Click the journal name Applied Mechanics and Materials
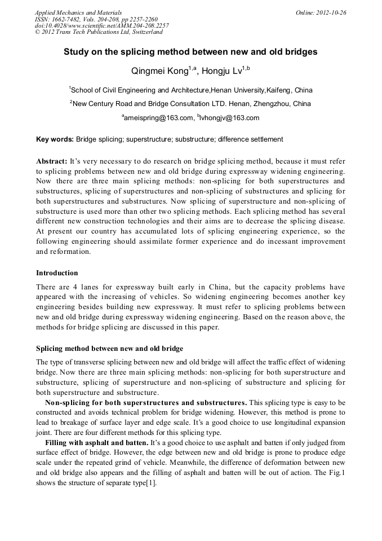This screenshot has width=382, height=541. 78,12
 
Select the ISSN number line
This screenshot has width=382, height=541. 96,19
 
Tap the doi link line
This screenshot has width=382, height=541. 101,26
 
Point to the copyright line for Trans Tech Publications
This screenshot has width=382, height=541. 99,32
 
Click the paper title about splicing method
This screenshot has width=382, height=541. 190,52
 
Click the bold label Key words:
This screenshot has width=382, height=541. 55,139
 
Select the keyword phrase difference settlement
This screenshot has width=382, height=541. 250,139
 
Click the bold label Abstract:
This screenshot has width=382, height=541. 51,161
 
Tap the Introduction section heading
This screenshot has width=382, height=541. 57,273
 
